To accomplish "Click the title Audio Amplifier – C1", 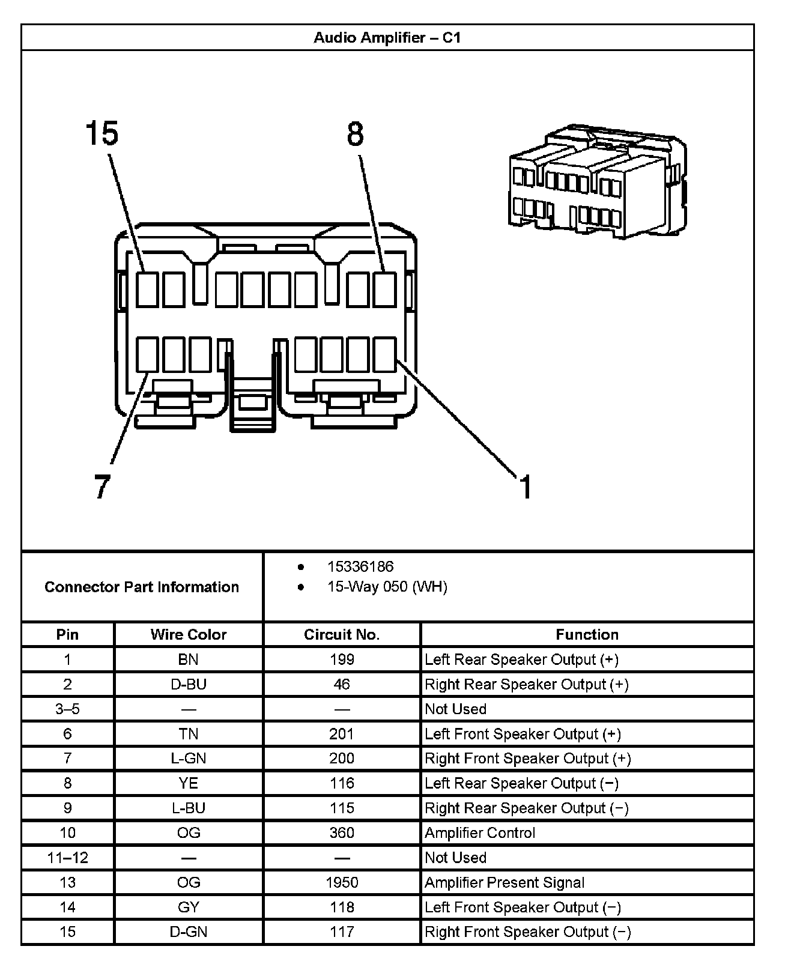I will coord(387,38).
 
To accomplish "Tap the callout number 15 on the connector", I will coord(102,133).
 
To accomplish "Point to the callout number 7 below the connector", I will coord(102,486).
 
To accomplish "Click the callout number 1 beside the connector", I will coord(526,486).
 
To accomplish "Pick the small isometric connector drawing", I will coord(597,181).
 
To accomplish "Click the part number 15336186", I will coord(360,566).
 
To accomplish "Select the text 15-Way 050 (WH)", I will coord(387,587).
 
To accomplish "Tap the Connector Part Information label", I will coord(142,587).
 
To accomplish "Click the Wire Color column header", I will coord(189,634).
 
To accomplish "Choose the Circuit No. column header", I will coord(342,634).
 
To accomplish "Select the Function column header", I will coord(587,634).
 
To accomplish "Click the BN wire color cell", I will coord(189,659).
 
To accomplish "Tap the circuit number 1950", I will coord(342,882).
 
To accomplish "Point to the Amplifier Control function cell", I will coord(480,833).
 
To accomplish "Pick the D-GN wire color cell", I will coord(189,932).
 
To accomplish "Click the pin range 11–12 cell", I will coord(67,858).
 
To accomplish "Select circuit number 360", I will coord(342,833).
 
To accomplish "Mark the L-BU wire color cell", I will coord(189,808).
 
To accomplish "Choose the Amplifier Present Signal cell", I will coord(505,882).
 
